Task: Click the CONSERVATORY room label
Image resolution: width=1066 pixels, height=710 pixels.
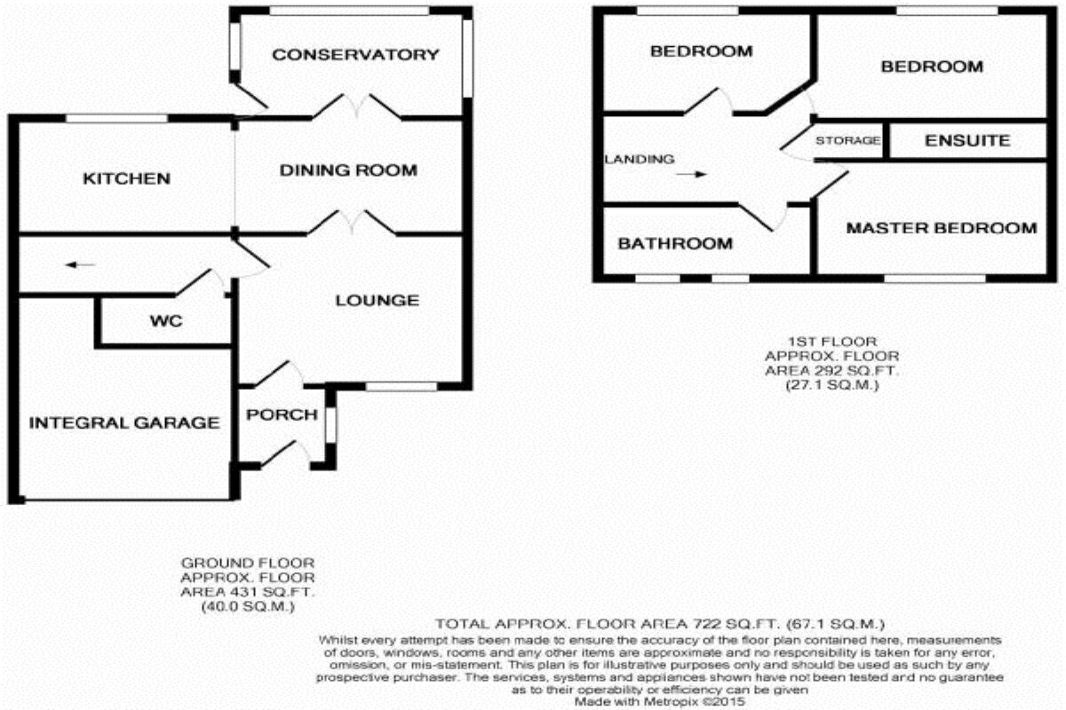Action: [355, 55]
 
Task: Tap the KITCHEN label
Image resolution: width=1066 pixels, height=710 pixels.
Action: [126, 179]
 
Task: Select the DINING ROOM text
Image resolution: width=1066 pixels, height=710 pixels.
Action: [348, 170]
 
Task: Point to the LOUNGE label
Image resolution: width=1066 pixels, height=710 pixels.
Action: [377, 301]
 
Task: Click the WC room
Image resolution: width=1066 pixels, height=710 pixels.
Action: [166, 321]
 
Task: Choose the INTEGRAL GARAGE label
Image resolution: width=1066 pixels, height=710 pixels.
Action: [124, 423]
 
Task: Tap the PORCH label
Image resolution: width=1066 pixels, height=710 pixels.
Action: [282, 414]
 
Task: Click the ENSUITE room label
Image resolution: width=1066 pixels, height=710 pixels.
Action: [967, 140]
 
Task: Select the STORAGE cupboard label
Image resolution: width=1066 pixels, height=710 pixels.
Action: [848, 141]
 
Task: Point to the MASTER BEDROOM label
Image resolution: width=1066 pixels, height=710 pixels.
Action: [941, 228]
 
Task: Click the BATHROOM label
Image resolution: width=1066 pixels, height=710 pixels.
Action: [675, 243]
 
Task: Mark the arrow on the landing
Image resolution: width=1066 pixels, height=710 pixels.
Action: [690, 175]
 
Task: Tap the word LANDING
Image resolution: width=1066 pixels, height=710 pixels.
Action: [639, 160]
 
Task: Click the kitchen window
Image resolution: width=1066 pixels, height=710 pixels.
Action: [117, 118]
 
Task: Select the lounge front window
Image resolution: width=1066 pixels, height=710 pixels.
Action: [402, 386]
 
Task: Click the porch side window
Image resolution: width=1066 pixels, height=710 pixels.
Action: [330, 423]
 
